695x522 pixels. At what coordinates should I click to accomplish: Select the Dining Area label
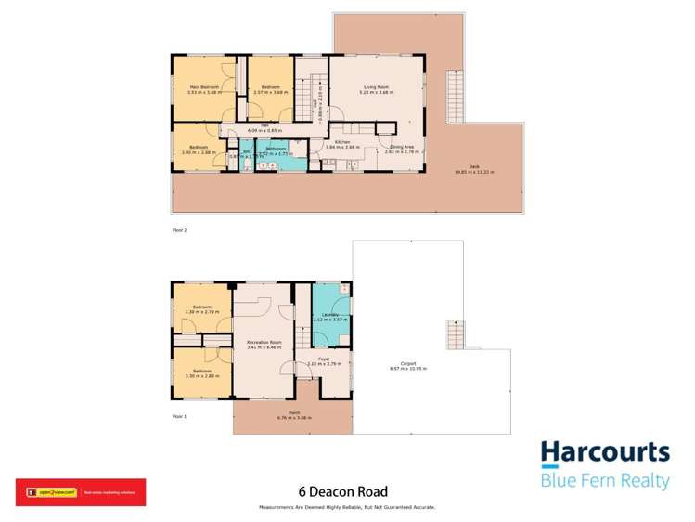pos(401,146)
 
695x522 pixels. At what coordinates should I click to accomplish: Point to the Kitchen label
pos(341,142)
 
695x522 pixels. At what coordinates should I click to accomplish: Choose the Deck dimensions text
pos(473,172)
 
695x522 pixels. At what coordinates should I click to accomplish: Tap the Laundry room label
pos(329,315)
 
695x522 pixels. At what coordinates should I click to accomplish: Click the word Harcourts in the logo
pos(605,452)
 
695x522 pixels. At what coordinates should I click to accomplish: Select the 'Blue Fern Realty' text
pos(605,481)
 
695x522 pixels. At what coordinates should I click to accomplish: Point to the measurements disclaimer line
pos(348,507)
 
